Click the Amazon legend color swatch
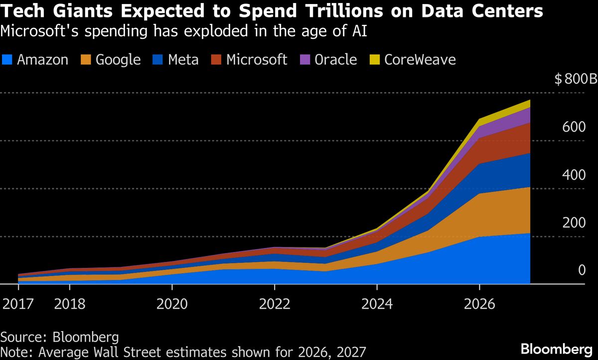tap(7, 60)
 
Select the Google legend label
tap(118, 60)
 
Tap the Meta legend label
tap(183, 60)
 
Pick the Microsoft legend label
tap(257, 60)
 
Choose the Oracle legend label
tap(336, 60)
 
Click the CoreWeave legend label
tap(420, 60)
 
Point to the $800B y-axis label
tap(576, 80)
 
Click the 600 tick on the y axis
tap(574, 127)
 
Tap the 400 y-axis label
tap(574, 175)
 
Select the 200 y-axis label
tap(574, 223)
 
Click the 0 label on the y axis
tap(581, 270)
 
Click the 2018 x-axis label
tap(70, 304)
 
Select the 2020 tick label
tap(172, 304)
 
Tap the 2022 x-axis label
tap(275, 304)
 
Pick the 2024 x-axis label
tap(377, 304)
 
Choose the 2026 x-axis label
tap(479, 304)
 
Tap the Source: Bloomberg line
tap(60, 337)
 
